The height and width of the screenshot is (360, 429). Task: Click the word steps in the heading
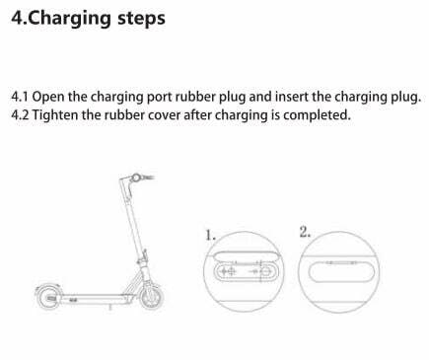[x=141, y=19]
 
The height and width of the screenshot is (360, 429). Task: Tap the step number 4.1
[x=20, y=97]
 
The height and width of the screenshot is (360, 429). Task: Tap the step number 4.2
[x=20, y=115]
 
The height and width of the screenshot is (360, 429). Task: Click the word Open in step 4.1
[x=48, y=98]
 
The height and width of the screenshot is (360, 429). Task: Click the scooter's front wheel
[x=152, y=296]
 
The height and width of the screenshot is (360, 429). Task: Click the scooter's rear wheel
[x=48, y=297]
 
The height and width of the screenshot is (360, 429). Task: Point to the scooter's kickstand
[x=110, y=307]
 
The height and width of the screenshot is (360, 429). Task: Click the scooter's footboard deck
[x=96, y=298]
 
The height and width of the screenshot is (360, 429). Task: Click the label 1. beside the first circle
[x=210, y=236]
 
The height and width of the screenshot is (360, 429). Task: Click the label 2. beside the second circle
[x=305, y=232]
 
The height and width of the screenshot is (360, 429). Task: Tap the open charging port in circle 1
[x=247, y=271]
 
